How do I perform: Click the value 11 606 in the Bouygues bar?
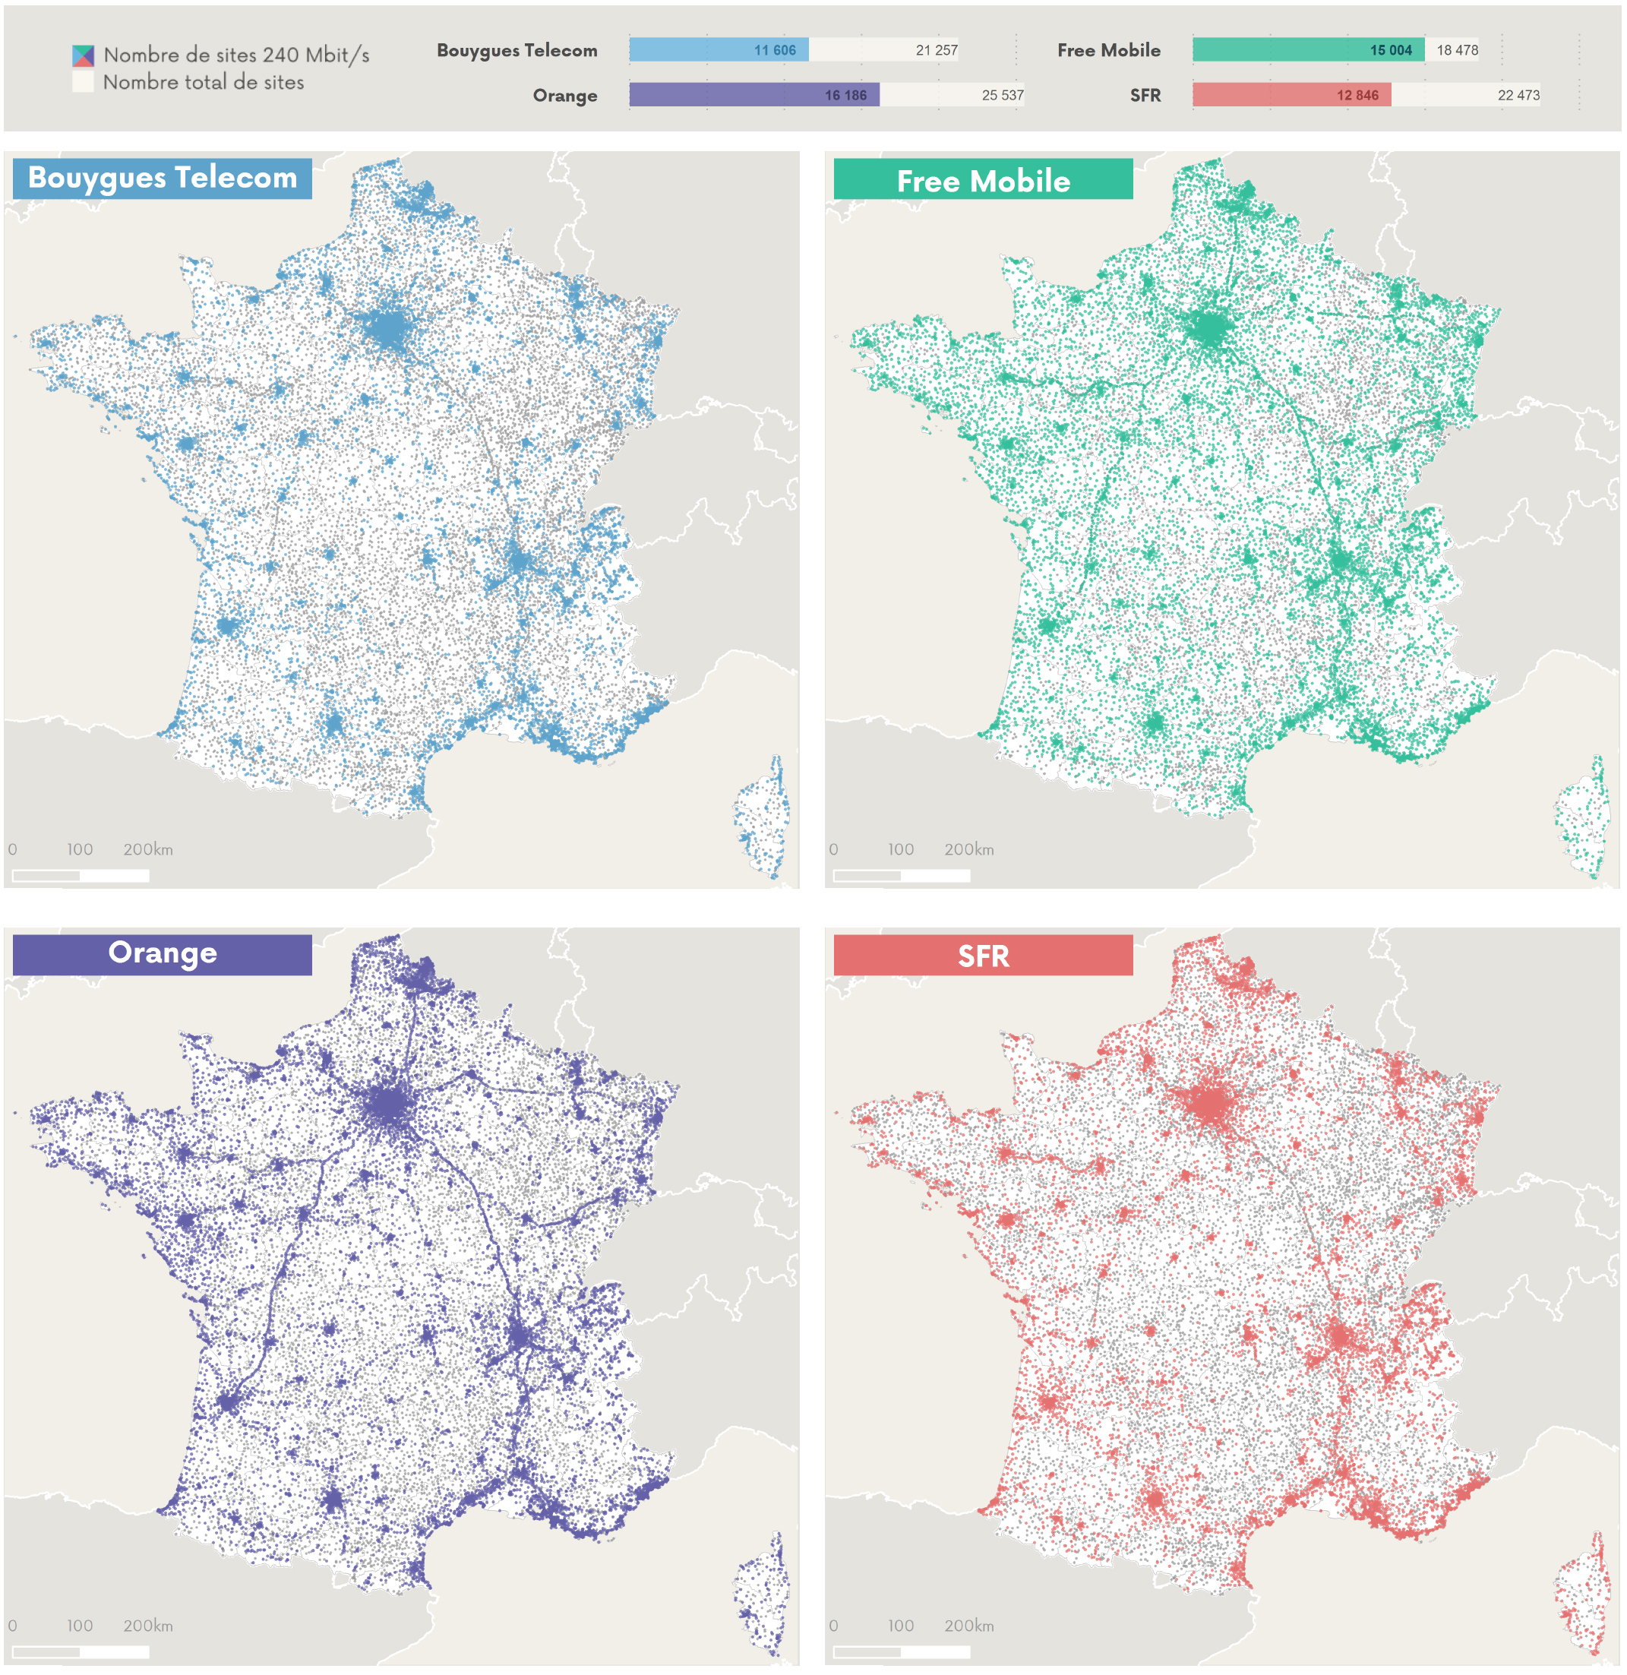click(x=774, y=50)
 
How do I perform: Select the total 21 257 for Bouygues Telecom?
click(x=936, y=50)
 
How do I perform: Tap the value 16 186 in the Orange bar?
click(x=845, y=95)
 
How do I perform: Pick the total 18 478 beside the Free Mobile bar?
click(x=1456, y=50)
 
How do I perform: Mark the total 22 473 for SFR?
click(x=1518, y=95)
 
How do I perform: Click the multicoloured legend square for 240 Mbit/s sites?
click(x=83, y=56)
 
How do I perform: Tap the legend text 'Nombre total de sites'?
click(x=204, y=83)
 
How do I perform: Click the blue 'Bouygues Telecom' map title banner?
click(x=163, y=178)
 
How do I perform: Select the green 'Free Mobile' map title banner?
click(x=983, y=179)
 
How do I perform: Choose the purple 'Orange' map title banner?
click(x=163, y=954)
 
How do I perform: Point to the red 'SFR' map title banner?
click(x=983, y=956)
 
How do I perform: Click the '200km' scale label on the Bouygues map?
click(x=148, y=849)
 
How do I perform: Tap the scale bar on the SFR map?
click(x=901, y=1652)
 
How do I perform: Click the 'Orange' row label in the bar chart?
click(x=565, y=96)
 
